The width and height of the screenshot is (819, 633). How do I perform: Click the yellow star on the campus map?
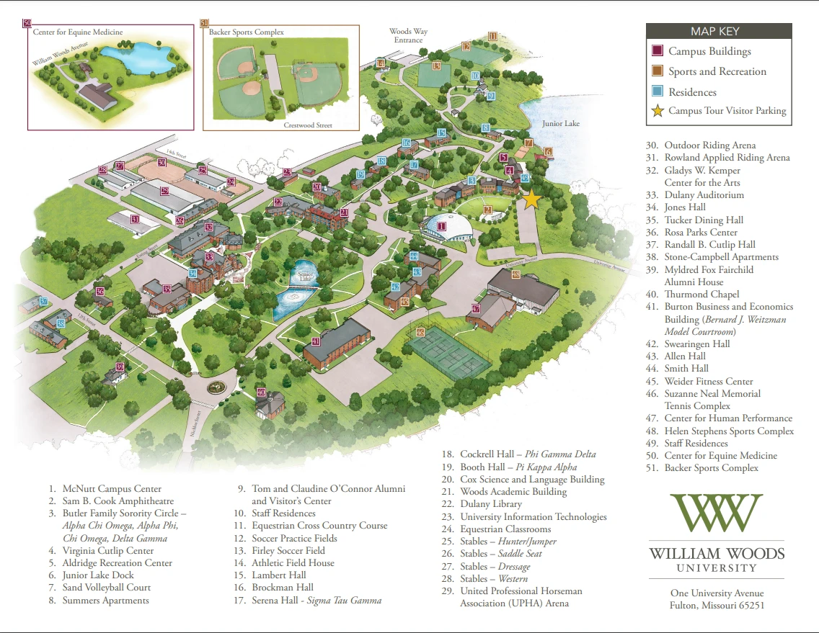point(531,199)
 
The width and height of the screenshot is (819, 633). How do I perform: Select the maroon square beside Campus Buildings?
point(658,51)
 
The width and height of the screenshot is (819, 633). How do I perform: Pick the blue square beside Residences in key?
point(658,92)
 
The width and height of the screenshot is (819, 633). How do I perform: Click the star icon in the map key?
point(658,111)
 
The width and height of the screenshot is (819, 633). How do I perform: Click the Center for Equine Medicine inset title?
point(77,32)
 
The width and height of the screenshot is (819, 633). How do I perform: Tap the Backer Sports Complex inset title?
point(247,32)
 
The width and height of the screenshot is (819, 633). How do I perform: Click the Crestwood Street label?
point(308,125)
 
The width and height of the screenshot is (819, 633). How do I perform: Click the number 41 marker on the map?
point(316,341)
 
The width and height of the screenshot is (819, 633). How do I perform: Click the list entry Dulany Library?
point(485,504)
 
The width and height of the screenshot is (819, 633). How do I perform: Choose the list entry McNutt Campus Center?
point(112,489)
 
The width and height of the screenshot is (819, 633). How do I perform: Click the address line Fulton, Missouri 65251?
point(717,606)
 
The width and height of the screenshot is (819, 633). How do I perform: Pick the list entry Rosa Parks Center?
point(701,232)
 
